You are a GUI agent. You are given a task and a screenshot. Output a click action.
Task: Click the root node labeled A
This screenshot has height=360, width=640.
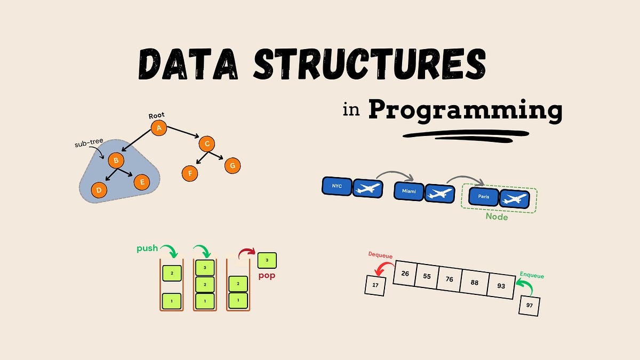coord(158,128)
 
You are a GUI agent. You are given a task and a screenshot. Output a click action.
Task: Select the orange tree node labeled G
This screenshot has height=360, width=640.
coord(232,165)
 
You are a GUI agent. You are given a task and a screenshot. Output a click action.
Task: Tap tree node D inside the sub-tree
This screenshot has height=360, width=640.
coord(99,189)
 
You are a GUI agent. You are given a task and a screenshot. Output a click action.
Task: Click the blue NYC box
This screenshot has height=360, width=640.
coord(337,186)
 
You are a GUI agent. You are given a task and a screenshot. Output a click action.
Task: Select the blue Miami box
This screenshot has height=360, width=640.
coord(409,190)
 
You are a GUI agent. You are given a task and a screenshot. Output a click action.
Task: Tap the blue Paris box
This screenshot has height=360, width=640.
coord(483,196)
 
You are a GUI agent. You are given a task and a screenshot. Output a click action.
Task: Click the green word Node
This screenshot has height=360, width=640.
coord(496,217)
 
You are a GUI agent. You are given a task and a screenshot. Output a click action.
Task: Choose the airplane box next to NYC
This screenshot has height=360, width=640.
coord(368,188)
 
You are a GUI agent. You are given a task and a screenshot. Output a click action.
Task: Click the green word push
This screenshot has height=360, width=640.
coord(148,248)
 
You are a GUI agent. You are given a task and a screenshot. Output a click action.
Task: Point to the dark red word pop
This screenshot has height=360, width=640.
coord(267,276)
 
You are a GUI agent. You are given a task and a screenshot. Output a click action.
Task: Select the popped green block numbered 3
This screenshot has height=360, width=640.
coord(267,260)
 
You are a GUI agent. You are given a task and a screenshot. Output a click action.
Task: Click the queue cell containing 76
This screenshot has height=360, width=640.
coord(449,280)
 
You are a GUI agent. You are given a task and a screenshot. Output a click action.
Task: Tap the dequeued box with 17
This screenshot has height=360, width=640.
coord(375,285)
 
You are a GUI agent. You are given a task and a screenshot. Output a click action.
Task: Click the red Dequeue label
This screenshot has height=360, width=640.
coord(380,256)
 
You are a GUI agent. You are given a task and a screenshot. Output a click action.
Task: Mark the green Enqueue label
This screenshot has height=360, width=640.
coord(531,276)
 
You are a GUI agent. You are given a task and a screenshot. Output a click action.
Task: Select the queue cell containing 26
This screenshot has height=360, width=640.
coord(405,274)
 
